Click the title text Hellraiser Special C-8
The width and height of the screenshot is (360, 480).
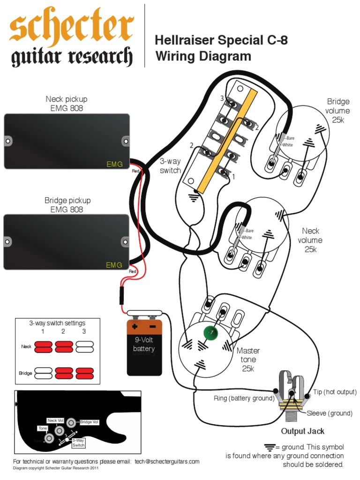point(221,41)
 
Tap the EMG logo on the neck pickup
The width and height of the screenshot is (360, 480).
point(114,164)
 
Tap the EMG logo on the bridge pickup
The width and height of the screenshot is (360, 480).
point(114,265)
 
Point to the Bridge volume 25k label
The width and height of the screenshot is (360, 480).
point(338,111)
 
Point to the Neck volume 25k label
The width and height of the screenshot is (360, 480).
point(310,240)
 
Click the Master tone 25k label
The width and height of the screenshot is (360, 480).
point(248,360)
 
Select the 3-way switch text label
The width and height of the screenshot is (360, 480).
point(170,166)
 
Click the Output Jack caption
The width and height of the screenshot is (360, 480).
point(302,431)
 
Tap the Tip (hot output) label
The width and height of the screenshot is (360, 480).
point(335,392)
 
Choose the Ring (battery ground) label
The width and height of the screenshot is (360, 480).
point(244,398)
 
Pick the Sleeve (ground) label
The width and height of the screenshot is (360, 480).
point(330,413)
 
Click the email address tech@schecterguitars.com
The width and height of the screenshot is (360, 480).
point(167,461)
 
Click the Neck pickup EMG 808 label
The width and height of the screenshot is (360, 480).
point(66,104)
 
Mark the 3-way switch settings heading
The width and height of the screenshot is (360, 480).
point(57,323)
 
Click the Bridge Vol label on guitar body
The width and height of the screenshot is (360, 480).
point(89,422)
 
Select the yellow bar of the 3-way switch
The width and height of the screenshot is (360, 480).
point(226,141)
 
